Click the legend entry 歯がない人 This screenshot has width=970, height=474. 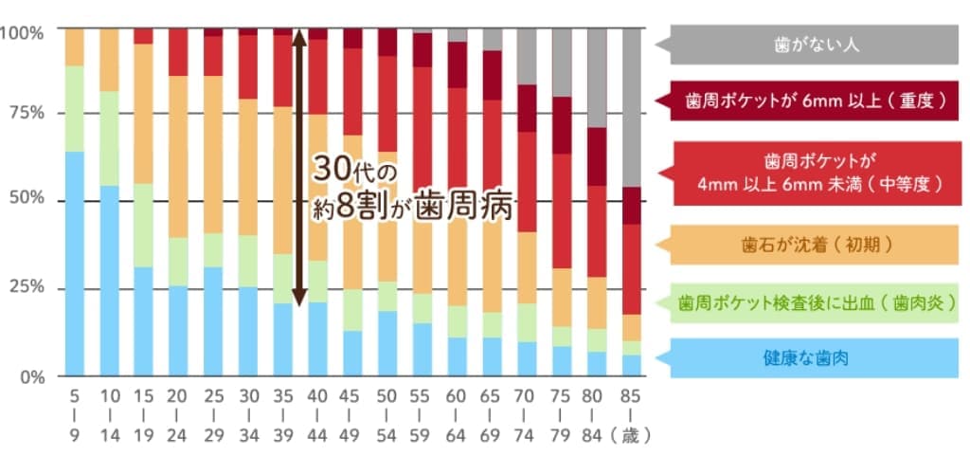816,44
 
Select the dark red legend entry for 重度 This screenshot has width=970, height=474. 816,98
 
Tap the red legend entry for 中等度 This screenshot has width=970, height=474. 816,173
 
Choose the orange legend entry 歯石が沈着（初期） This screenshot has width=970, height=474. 816,246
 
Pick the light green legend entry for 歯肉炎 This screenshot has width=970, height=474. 816,303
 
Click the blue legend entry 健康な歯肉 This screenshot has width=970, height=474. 816,358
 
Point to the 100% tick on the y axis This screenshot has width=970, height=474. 22,32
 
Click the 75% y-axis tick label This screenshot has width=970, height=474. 26,114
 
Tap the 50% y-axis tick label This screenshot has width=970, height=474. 26,201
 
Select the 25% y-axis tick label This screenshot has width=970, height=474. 26,288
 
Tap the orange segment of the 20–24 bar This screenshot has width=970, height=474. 178,156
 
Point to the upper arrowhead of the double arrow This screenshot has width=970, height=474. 298,37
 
